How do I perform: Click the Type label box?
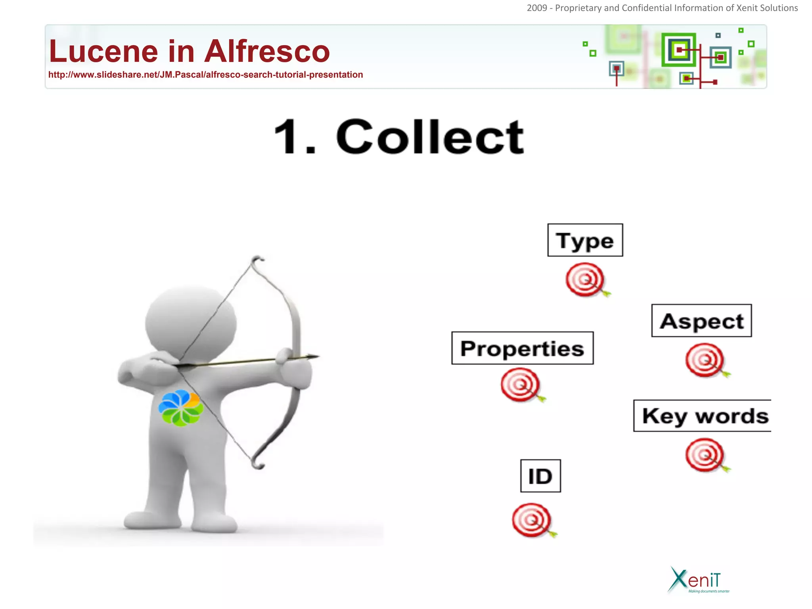click(585, 240)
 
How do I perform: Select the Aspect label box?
click(701, 321)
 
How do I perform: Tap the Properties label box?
click(522, 348)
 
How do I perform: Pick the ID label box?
click(540, 476)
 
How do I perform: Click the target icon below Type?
click(585, 280)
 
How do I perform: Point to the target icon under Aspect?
click(705, 360)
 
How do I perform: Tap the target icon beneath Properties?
click(520, 385)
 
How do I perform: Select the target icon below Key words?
click(705, 455)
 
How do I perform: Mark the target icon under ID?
click(532, 520)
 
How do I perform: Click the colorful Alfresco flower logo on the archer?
click(181, 408)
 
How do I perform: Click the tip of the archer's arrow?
click(317, 356)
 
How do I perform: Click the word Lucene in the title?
click(103, 52)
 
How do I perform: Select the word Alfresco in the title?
click(267, 52)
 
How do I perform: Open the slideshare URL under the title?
click(205, 75)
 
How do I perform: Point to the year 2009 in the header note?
click(536, 8)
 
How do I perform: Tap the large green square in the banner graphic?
click(678, 50)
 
